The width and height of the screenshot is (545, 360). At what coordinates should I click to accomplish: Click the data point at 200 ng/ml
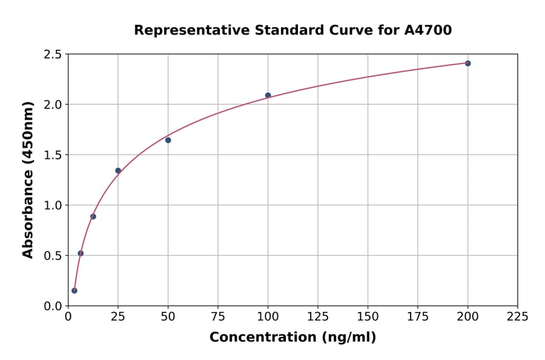(467, 63)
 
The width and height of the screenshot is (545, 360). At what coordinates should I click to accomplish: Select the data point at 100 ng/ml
(268, 95)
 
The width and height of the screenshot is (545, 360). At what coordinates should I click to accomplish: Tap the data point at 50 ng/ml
(168, 140)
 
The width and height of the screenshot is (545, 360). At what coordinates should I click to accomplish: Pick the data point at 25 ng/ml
(118, 170)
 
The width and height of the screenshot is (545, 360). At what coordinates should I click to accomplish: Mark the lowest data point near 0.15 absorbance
(74, 290)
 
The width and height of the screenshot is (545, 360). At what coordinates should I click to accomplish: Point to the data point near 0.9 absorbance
(93, 216)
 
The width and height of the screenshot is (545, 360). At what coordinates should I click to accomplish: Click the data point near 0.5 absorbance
(81, 253)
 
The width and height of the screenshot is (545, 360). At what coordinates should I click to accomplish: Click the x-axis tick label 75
(218, 316)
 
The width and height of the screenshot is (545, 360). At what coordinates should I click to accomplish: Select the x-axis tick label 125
(318, 316)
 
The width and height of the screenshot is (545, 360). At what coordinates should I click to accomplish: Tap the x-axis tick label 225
(518, 316)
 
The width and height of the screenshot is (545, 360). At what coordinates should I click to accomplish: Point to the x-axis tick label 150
(368, 316)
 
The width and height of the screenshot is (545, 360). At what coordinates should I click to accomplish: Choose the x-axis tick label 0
(68, 316)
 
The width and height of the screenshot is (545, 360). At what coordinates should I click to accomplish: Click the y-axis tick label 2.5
(53, 55)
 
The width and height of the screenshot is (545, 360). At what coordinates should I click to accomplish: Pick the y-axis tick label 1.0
(53, 205)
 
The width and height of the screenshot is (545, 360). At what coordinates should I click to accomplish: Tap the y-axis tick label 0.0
(53, 306)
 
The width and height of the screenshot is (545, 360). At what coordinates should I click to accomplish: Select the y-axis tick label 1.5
(53, 155)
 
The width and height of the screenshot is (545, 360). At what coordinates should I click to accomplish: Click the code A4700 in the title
(428, 30)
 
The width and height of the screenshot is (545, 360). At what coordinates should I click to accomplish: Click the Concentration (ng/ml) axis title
(292, 338)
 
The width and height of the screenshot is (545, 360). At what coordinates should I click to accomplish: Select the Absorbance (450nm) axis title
(28, 179)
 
